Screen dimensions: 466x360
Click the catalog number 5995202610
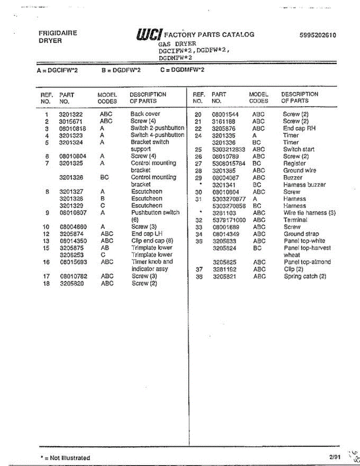tap(318, 35)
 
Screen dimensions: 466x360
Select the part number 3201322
tap(71, 114)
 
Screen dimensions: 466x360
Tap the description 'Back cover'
tap(145, 114)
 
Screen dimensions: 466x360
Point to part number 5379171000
tap(228, 220)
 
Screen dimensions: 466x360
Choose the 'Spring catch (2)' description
tap(305, 276)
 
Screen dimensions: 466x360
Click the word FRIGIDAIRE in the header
tap(58, 33)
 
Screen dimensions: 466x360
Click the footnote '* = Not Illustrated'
tap(65, 458)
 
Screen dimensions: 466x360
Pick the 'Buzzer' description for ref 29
tap(292, 177)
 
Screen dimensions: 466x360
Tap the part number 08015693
tap(73, 262)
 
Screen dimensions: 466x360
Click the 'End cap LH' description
tap(147, 234)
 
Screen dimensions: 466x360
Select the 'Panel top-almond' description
tap(307, 262)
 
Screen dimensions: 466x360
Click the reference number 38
tap(199, 276)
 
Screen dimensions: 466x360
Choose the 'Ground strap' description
tap(301, 234)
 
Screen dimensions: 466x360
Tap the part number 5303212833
tap(228, 150)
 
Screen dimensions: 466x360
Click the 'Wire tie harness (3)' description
tap(310, 213)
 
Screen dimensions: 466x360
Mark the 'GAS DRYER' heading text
tap(177, 44)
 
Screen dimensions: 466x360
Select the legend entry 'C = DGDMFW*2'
tap(182, 70)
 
